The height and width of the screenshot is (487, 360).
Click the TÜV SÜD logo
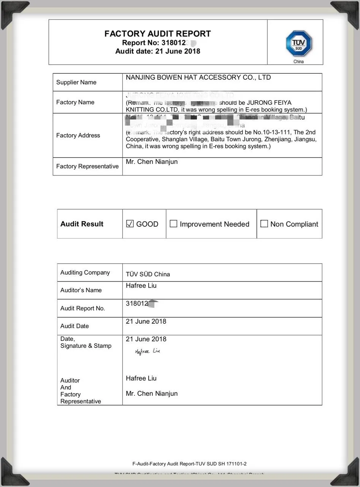(x=299, y=43)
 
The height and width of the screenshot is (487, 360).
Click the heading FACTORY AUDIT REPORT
(x=157, y=34)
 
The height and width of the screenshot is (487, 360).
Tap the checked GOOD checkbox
(x=130, y=224)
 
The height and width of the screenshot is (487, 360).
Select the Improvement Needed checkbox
(x=173, y=224)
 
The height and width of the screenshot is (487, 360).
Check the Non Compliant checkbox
(x=264, y=224)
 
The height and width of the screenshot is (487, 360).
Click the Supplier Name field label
(x=76, y=83)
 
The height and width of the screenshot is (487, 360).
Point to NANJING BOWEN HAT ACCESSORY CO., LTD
(x=198, y=78)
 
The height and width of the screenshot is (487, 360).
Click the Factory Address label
(x=78, y=135)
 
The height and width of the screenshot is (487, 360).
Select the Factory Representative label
(x=87, y=166)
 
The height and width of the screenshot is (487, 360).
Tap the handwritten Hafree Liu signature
(x=147, y=352)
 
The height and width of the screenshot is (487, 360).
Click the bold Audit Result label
(x=82, y=224)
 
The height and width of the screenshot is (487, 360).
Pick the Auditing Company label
(x=85, y=272)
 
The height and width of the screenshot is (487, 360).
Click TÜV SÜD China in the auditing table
(x=148, y=274)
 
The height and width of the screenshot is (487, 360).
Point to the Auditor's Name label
(x=81, y=290)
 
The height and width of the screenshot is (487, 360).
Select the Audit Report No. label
(x=82, y=309)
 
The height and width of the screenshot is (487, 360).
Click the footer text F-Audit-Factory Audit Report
(x=189, y=464)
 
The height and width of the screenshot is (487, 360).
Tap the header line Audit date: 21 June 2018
(x=157, y=51)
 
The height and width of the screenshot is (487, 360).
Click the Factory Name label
(x=75, y=102)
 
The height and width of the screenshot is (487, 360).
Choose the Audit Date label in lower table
(x=75, y=326)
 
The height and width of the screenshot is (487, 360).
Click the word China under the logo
(x=298, y=62)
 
